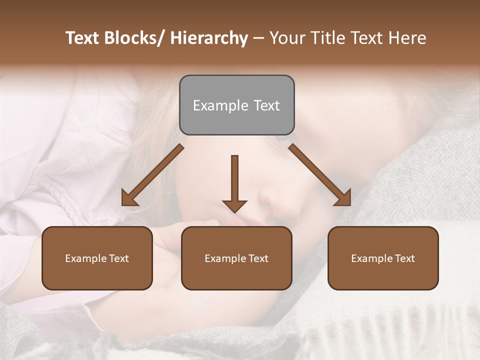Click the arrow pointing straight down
(234, 182)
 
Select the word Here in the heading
(407, 38)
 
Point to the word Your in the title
(286, 38)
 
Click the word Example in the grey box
(220, 105)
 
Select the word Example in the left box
(85, 258)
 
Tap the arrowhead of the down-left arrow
(128, 199)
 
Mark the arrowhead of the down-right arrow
(344, 199)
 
